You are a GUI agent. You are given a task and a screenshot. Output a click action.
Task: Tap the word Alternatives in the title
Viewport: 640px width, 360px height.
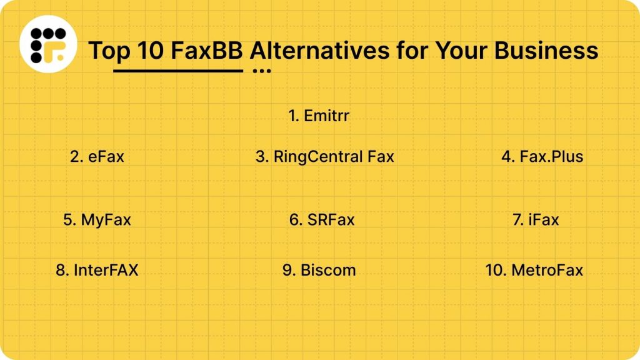tap(317, 49)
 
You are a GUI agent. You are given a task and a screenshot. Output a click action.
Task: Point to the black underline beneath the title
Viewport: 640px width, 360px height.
tap(178, 71)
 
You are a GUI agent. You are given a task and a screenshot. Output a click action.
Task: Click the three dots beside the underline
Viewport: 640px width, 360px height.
tap(262, 71)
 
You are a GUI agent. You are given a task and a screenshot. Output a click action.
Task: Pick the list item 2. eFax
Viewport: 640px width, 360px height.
tap(97, 156)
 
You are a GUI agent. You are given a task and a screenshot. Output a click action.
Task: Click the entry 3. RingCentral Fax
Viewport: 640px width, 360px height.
tap(324, 156)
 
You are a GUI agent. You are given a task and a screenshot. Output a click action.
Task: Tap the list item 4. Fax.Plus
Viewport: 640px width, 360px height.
tap(542, 156)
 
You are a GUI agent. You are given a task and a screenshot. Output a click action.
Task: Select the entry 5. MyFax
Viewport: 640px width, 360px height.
tap(97, 220)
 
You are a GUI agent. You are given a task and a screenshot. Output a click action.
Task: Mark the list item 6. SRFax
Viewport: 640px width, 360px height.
tap(322, 220)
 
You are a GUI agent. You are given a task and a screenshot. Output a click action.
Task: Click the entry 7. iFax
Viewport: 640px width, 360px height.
tap(536, 220)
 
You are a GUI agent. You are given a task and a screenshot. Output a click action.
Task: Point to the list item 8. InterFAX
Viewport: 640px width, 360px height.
tap(97, 270)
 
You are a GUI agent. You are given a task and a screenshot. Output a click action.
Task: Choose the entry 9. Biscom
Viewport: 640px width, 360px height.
tap(319, 270)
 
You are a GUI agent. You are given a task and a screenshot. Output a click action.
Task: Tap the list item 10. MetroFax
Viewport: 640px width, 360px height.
tap(534, 270)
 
